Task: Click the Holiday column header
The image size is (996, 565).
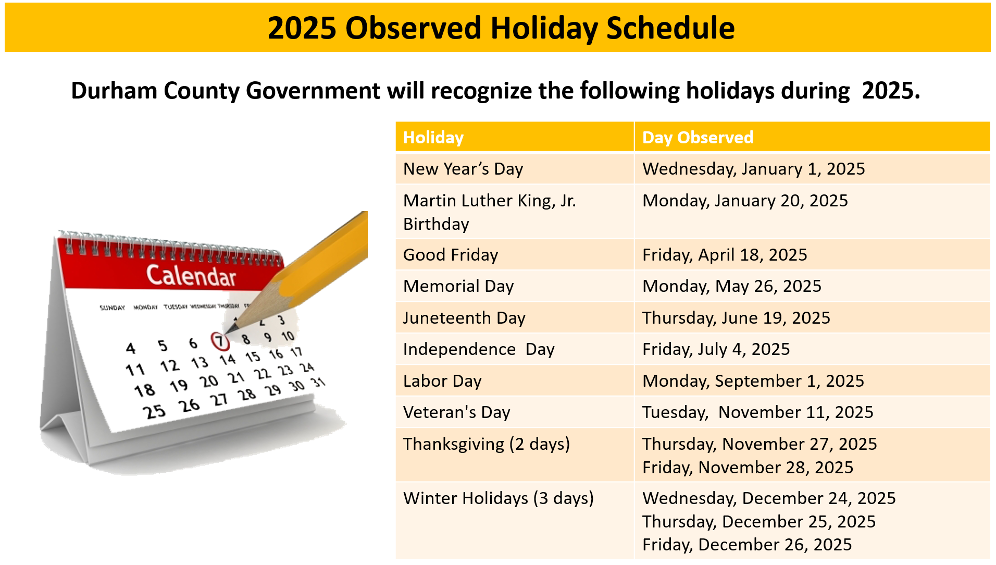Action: (x=433, y=138)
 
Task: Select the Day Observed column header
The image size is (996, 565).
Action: (x=698, y=138)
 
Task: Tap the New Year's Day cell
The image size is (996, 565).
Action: (x=463, y=169)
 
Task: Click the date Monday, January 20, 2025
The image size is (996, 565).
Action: (x=745, y=201)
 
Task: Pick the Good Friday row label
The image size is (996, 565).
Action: (x=451, y=255)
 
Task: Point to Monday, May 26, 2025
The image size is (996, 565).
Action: (x=731, y=286)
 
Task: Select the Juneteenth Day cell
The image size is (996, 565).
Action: (x=464, y=318)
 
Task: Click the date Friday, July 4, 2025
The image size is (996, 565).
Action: (x=716, y=349)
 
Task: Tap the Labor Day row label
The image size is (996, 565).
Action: (x=442, y=381)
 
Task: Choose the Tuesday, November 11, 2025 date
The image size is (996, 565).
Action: (x=757, y=412)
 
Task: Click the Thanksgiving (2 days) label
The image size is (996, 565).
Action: (x=487, y=444)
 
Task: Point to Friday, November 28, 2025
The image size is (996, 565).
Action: (x=748, y=468)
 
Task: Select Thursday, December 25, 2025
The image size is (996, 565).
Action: (x=759, y=522)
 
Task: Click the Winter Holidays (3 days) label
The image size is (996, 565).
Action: (x=499, y=498)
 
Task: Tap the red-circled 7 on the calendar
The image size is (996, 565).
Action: (x=220, y=341)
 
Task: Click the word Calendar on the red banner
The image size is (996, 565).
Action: (x=191, y=276)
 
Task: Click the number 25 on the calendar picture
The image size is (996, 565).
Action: (x=154, y=412)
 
